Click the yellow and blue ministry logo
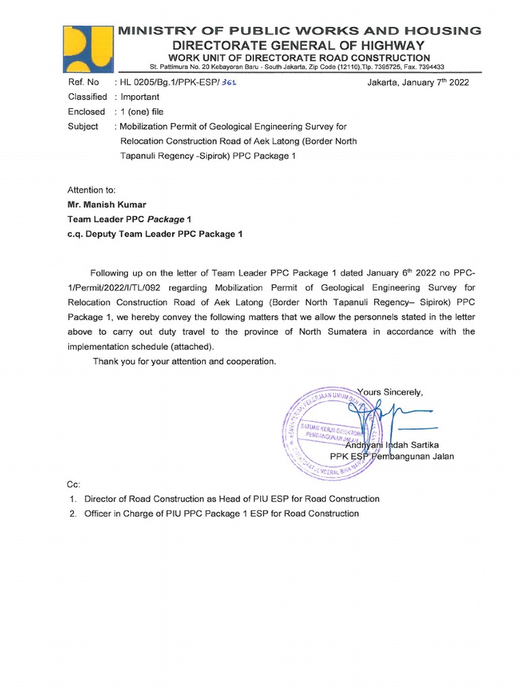pos(85,49)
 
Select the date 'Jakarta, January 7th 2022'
pos(418,82)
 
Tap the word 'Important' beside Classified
pos(140,97)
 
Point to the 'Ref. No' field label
pos(84,82)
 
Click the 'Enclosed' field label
pos(86,112)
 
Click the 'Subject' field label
pos(83,126)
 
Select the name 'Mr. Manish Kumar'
pos(106,205)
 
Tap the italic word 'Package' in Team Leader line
pos(166,220)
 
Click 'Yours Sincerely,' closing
pos(390,391)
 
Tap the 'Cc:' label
pos(74,485)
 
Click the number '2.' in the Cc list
pos(73,514)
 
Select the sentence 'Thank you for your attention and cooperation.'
pos(184,362)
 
